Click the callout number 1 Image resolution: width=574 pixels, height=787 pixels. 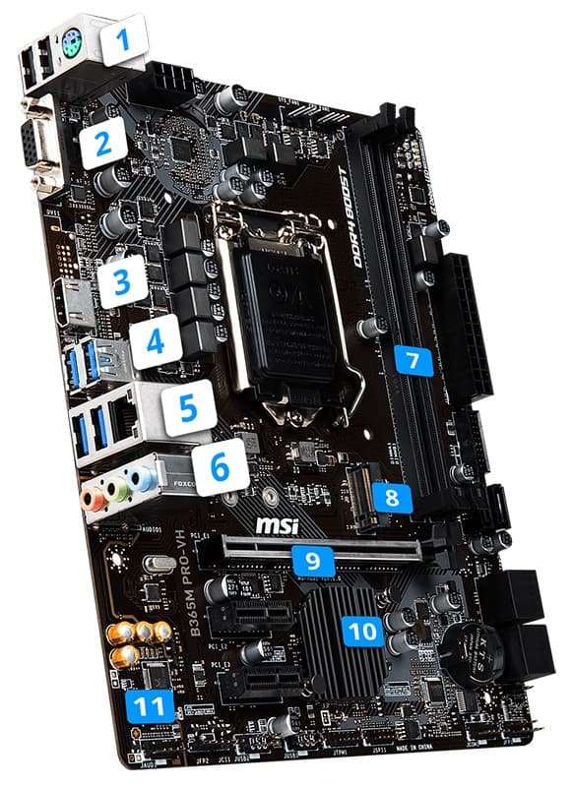coord(124,40)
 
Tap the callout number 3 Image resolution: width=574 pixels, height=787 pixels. coord(122,282)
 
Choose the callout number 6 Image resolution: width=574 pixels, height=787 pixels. coord(217,469)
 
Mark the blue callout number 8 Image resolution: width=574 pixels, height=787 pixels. coord(392,498)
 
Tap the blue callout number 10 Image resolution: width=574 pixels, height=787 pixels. coord(364,630)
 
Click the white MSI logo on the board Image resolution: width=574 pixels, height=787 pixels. coord(277,526)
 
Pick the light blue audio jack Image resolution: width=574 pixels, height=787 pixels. coord(143,479)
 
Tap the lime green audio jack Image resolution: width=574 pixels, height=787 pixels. coord(117,490)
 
